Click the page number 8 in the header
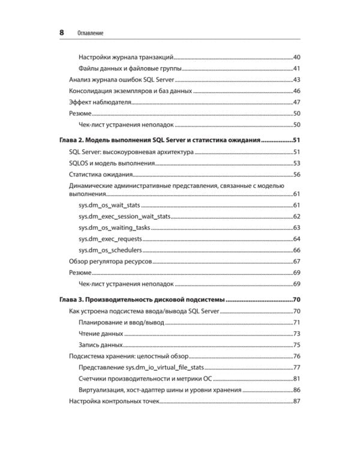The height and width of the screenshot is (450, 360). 62,32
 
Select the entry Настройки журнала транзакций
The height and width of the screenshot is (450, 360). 126,58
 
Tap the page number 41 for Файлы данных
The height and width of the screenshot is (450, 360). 296,68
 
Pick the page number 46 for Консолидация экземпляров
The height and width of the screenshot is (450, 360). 296,91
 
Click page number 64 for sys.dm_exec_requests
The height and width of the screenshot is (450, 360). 296,239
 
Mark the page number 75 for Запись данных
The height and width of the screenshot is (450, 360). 296,344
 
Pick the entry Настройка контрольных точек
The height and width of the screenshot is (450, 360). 114,401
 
